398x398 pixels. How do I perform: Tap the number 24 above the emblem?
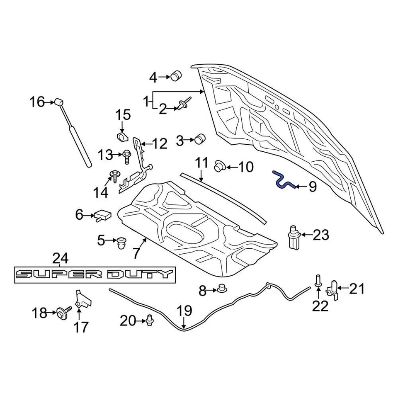[60, 259]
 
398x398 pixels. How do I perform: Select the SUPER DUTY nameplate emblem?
[95, 274]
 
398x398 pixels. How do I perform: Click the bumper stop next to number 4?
[177, 76]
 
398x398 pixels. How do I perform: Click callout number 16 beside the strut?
[36, 101]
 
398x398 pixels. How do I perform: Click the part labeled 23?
[294, 238]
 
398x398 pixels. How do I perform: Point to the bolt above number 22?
[318, 280]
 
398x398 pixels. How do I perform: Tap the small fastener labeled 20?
[149, 320]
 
